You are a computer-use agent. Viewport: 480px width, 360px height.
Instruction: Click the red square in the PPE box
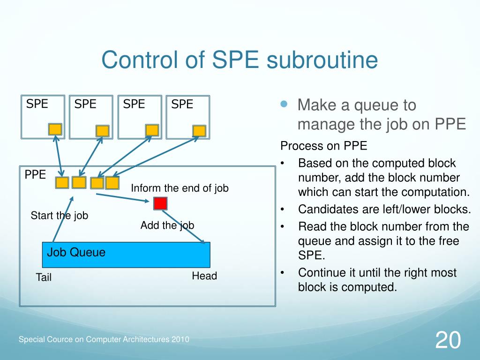coord(160,203)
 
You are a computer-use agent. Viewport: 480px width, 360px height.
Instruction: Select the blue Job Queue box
coord(126,255)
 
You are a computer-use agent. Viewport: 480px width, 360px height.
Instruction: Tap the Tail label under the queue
coord(44,277)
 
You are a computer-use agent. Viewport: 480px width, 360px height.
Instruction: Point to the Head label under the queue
coord(204,276)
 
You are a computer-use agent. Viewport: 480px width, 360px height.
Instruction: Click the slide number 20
coord(448,340)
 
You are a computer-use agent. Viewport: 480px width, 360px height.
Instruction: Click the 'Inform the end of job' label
coord(180,188)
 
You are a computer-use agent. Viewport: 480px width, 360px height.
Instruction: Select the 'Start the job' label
coord(60,216)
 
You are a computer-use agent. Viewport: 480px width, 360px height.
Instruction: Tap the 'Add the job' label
coord(167,225)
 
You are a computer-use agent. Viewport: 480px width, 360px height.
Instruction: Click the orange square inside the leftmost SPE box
coord(55,129)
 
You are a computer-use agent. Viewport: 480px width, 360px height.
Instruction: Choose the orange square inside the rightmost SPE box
coord(199,131)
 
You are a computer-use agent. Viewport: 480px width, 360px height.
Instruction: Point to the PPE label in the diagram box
coord(35,175)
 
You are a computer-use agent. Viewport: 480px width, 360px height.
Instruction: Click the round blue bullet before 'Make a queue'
coord(284,105)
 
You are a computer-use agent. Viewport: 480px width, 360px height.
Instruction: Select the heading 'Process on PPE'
coord(323,146)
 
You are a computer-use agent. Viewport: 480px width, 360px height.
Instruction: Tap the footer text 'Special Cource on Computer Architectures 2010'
coord(104,339)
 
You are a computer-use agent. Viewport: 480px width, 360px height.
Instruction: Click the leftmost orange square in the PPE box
coord(62,183)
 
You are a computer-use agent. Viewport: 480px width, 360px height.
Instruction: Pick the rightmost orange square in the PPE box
coord(112,183)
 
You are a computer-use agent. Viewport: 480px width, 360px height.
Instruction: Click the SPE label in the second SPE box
coord(85,104)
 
